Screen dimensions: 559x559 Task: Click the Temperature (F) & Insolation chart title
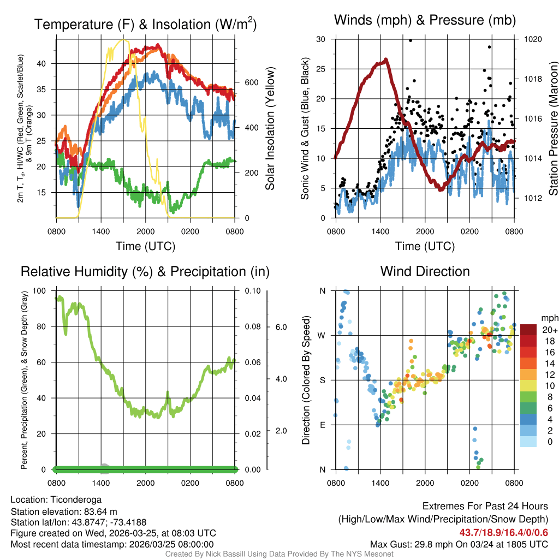[145, 24]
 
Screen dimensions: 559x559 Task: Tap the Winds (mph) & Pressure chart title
[425, 20]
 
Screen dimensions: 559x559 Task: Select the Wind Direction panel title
[425, 271]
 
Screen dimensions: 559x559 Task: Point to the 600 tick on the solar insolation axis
[251, 82]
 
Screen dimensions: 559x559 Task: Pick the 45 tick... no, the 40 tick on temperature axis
[47, 63]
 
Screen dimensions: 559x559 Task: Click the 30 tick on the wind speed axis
[322, 39]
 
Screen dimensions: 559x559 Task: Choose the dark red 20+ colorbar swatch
[528, 330]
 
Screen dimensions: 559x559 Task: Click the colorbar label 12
[548, 374]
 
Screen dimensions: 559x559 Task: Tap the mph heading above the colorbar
[549, 318]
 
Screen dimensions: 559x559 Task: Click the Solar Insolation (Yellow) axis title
[270, 129]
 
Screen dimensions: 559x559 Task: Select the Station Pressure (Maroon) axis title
[553, 129]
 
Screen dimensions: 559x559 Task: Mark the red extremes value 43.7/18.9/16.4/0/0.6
[501, 532]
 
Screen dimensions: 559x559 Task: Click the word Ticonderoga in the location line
[76, 499]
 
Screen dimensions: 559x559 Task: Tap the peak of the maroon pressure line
[386, 60]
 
